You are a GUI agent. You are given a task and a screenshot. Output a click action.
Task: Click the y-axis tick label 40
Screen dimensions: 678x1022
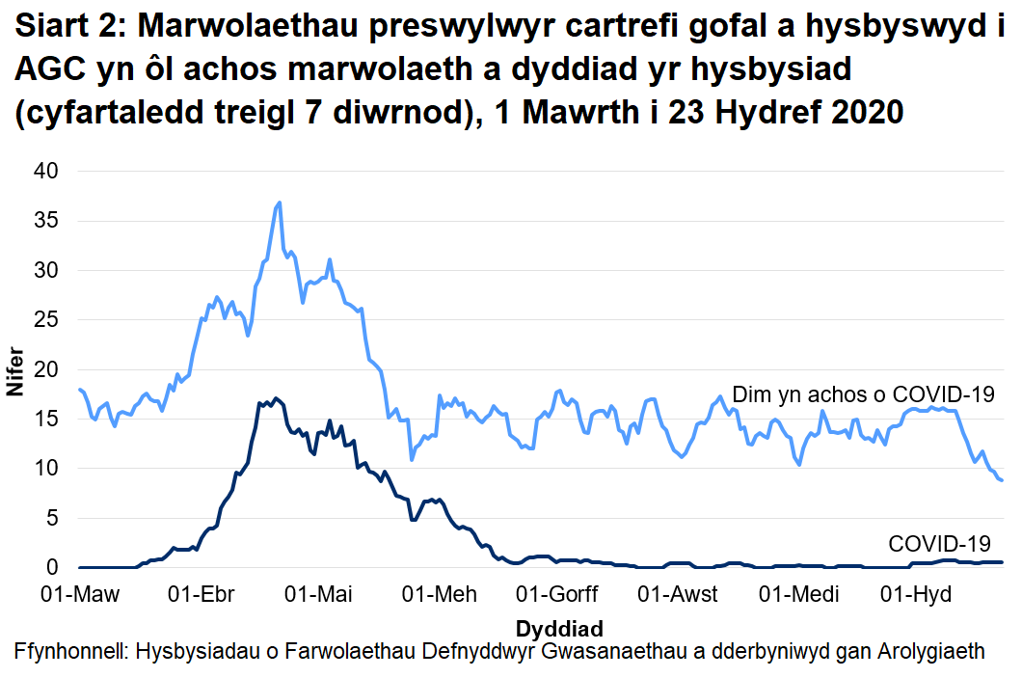point(47,172)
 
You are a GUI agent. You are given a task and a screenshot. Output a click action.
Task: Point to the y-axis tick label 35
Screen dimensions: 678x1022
point(47,221)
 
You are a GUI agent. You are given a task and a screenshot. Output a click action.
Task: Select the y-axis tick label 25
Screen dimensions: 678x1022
point(47,320)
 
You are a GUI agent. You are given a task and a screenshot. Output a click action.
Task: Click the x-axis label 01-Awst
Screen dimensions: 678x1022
point(679,594)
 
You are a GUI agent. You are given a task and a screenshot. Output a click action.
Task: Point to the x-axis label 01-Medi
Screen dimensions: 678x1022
point(799,594)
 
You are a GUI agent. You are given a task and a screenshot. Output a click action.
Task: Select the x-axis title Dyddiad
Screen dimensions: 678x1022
point(559,628)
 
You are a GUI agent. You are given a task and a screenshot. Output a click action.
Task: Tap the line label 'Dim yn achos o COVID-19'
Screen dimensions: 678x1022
point(864,394)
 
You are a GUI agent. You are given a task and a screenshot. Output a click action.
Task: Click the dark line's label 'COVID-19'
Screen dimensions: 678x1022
point(939,543)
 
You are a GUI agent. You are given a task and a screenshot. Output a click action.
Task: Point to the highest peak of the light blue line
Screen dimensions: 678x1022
point(280,203)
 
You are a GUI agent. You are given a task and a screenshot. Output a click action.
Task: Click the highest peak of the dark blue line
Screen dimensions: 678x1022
point(276,398)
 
